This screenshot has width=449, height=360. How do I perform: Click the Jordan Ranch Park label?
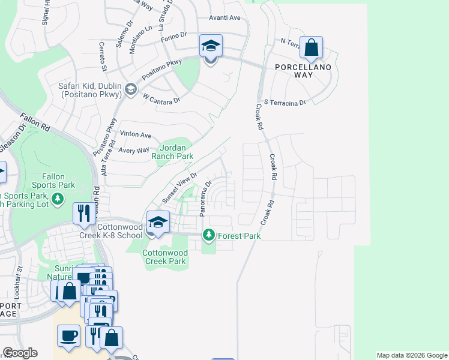tap(176, 152)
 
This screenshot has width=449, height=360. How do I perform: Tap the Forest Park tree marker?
tap(209, 235)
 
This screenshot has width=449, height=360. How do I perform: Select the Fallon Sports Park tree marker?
tap(58, 199)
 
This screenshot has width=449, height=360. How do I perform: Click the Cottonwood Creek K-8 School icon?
tap(158, 223)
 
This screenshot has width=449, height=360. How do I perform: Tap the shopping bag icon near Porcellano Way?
tap(312, 47)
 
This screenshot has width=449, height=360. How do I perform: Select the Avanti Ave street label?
tap(224, 18)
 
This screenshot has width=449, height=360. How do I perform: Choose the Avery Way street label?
tap(133, 151)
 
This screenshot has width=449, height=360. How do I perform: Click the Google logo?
tap(20, 353)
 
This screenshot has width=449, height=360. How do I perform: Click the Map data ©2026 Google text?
tap(411, 355)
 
